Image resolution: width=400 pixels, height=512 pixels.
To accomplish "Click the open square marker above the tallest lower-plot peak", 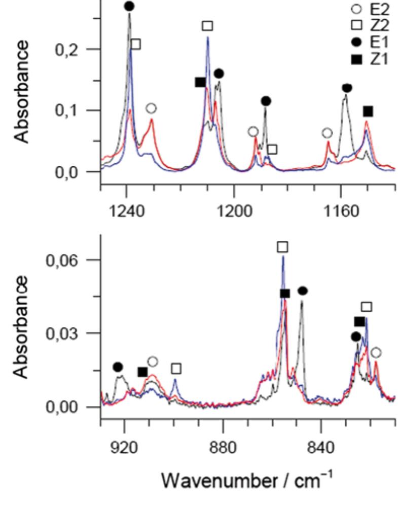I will pos(282,247).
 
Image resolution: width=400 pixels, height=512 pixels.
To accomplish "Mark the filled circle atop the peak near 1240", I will pos(129,6).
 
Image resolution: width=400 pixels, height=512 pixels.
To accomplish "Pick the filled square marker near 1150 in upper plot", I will pos(368,111).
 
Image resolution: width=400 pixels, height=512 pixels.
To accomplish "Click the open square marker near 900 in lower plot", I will pos(176,368).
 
